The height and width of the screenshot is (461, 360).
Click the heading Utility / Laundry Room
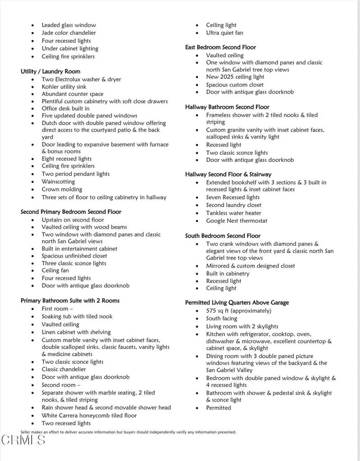coord(50,71)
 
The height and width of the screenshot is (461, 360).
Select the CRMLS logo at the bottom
coord(23,440)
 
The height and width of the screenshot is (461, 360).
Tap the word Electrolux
coord(74,79)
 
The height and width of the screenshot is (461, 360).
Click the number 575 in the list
coord(211,311)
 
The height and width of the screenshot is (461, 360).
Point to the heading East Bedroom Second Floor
coord(220,47)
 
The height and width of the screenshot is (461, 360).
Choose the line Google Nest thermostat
coord(237,221)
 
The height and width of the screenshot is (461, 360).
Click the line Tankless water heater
coord(233,213)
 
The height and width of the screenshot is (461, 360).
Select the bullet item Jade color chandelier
coord(68,33)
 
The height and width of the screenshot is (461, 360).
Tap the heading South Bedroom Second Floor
coord(223,235)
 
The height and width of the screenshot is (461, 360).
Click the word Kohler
coord(50,86)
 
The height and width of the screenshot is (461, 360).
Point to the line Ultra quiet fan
coord(224,33)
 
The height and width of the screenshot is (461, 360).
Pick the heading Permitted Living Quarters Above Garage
coord(237,303)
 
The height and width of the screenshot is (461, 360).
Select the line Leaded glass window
coord(68,25)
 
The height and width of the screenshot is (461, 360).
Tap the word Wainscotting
coord(59,181)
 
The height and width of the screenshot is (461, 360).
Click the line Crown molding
coord(62,189)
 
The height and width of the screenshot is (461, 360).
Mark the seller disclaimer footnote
coord(128,432)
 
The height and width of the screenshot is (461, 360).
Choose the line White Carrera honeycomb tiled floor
coord(89,415)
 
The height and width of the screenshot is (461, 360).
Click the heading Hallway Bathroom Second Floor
coord(227,107)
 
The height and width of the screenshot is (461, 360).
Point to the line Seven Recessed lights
coord(233,197)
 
